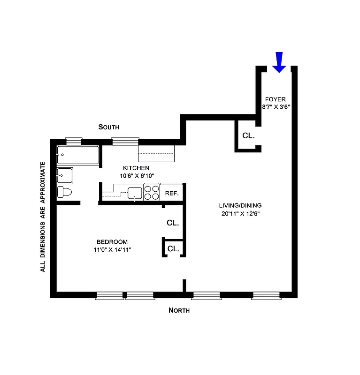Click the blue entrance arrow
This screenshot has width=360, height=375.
click(279, 62)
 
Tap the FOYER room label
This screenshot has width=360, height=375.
click(275, 99)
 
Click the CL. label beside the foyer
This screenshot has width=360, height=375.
click(248, 135)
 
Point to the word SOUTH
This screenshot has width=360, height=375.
click(108, 127)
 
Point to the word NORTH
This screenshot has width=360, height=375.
click(179, 310)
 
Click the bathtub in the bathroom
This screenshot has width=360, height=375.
click(78, 154)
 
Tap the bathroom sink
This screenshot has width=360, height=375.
click(65, 176)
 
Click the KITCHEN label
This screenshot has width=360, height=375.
click(136, 168)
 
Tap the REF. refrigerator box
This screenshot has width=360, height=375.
click(171, 193)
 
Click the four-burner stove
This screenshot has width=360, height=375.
click(151, 193)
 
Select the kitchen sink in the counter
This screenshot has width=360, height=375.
click(135, 193)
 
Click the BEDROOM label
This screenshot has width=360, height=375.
click(112, 241)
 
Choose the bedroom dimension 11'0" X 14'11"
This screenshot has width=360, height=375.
click(112, 249)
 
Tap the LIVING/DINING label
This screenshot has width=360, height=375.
click(240, 205)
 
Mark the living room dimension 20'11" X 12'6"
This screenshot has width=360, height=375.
click(240, 213)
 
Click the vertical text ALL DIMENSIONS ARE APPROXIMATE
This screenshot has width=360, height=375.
click(43, 217)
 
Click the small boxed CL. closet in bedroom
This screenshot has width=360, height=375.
click(174, 248)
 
